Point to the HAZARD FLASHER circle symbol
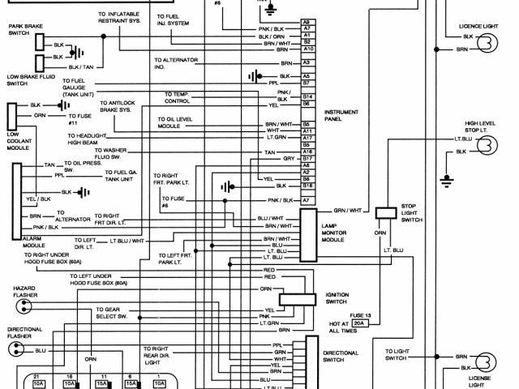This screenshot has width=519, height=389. click(19, 305)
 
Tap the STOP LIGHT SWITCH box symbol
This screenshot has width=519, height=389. click(387, 212)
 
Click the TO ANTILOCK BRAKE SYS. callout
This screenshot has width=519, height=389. click(120, 107)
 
